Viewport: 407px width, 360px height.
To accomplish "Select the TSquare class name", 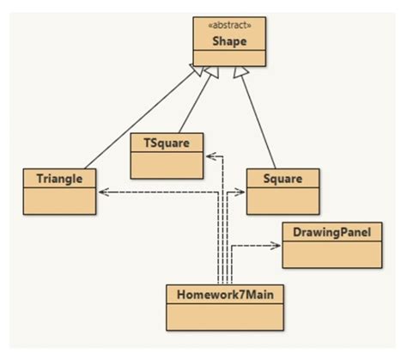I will (x=167, y=142).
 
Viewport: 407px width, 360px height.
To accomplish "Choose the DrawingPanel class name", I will (x=331, y=232).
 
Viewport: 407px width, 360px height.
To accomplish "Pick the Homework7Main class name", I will (x=225, y=294).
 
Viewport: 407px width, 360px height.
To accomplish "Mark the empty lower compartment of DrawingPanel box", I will (x=331, y=253).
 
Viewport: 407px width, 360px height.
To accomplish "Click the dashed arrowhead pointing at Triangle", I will (x=102, y=192).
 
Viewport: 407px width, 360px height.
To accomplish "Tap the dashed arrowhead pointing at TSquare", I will (x=209, y=156).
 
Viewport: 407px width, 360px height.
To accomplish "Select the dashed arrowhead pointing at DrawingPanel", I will (x=276, y=246).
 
